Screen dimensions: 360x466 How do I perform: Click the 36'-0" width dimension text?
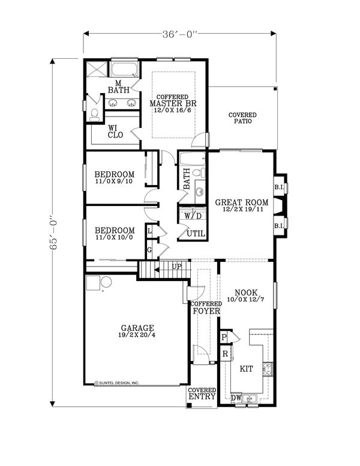[x=180, y=34]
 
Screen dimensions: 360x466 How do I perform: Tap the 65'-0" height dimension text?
[x=53, y=232]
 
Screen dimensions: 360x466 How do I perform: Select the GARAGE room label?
[x=137, y=328]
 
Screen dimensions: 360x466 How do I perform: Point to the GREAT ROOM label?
[x=241, y=202]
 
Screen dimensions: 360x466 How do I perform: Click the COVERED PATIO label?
[x=242, y=118]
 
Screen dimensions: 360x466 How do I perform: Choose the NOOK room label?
[x=246, y=292]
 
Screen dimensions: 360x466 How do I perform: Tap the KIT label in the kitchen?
[x=246, y=369]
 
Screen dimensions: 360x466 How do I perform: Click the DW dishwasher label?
[x=236, y=398]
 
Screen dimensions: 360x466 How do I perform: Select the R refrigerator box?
[x=226, y=354]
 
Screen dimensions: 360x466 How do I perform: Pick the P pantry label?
[x=224, y=337]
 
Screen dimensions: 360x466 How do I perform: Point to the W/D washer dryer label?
[x=193, y=216]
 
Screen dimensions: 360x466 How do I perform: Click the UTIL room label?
[x=196, y=234]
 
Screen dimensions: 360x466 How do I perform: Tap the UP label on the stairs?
[x=177, y=267]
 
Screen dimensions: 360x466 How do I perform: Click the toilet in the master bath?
[x=95, y=115]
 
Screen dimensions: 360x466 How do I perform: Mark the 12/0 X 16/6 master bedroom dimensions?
[x=173, y=110]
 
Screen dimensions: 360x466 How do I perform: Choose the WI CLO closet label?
[x=115, y=132]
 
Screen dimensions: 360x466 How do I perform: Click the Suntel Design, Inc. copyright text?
[x=117, y=383]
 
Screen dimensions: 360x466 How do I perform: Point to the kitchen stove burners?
[x=268, y=369]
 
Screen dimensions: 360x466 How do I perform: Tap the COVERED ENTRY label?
[x=202, y=393]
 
